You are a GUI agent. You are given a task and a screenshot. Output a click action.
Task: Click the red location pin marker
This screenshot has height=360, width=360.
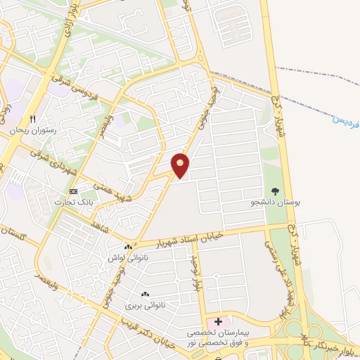click(181, 165)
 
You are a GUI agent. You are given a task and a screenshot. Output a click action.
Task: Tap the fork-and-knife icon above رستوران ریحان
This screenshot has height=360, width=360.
click(32, 119)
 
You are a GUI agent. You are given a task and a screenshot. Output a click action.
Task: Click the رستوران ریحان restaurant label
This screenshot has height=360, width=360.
click(32, 131)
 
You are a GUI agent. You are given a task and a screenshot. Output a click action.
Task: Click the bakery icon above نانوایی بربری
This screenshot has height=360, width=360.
click(145, 295)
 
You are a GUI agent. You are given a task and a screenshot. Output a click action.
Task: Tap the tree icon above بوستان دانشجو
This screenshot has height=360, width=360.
click(275, 191)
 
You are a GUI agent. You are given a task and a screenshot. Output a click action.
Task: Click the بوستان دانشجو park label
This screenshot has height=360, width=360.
click(276, 202)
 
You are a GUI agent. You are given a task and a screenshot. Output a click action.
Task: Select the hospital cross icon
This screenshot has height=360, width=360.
click(218, 321)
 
